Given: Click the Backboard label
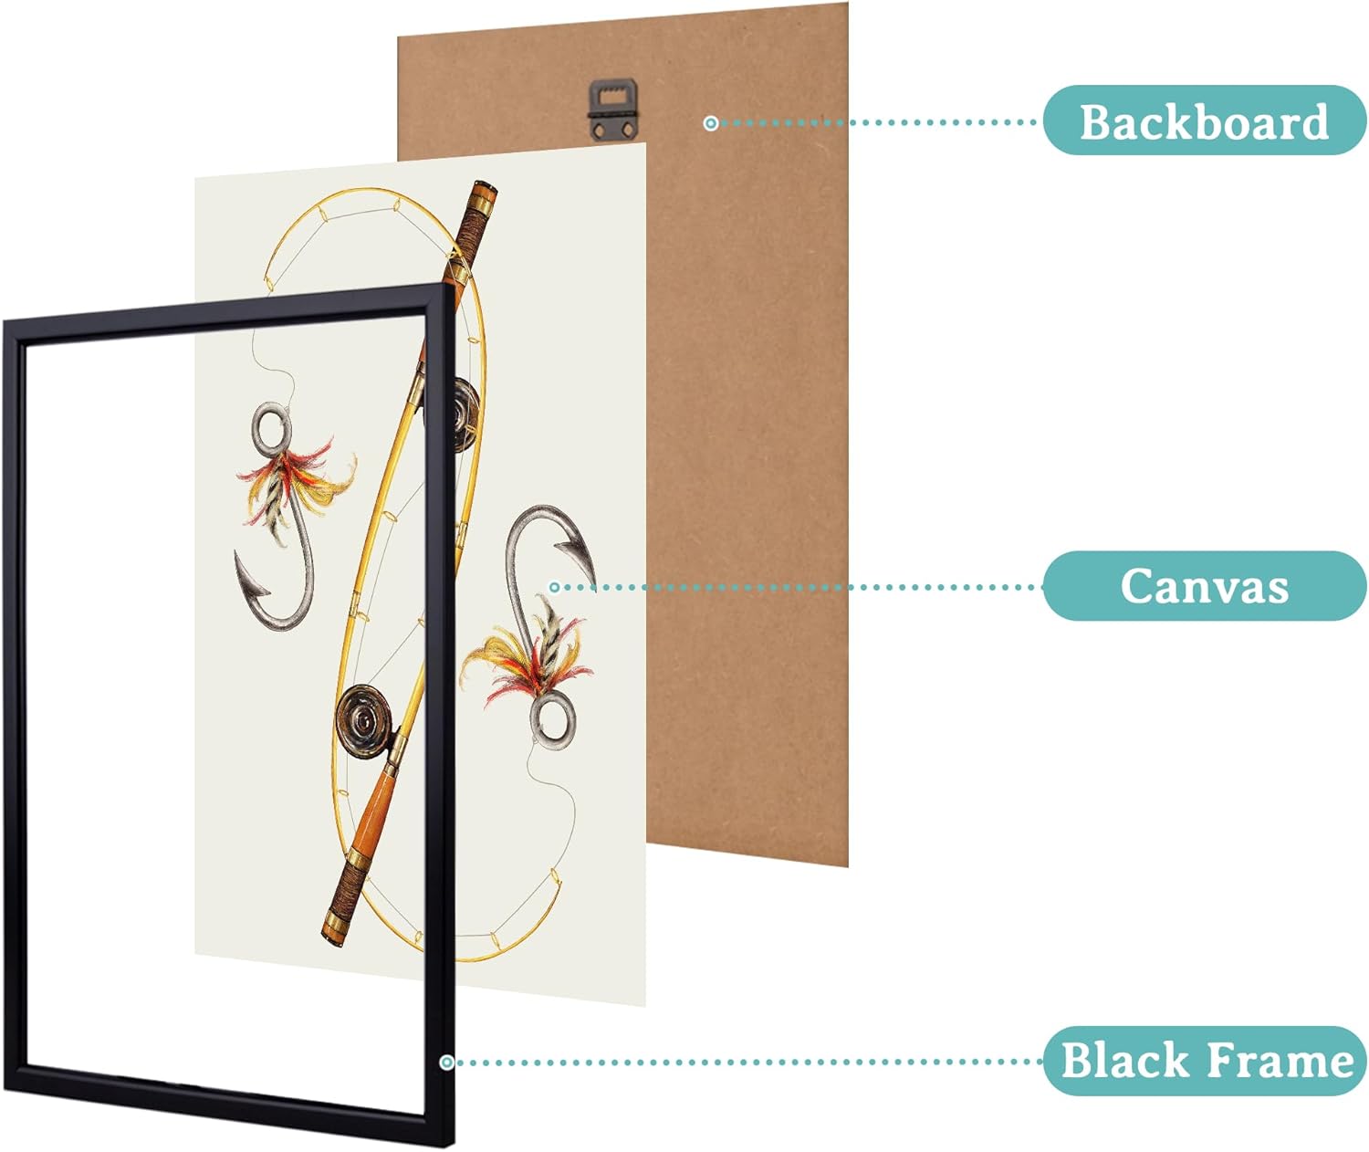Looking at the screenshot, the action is (x=1205, y=120).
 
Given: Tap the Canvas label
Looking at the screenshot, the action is (x=1205, y=585).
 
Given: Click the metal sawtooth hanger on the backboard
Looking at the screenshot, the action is (x=613, y=110).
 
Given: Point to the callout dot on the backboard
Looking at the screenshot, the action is (x=711, y=122).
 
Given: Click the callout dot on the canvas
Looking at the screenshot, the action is (x=554, y=587).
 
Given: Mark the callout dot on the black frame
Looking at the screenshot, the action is (x=446, y=1063).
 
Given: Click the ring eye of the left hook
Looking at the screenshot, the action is (x=270, y=429).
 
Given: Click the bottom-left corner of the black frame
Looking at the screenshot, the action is (x=5, y=1090).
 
